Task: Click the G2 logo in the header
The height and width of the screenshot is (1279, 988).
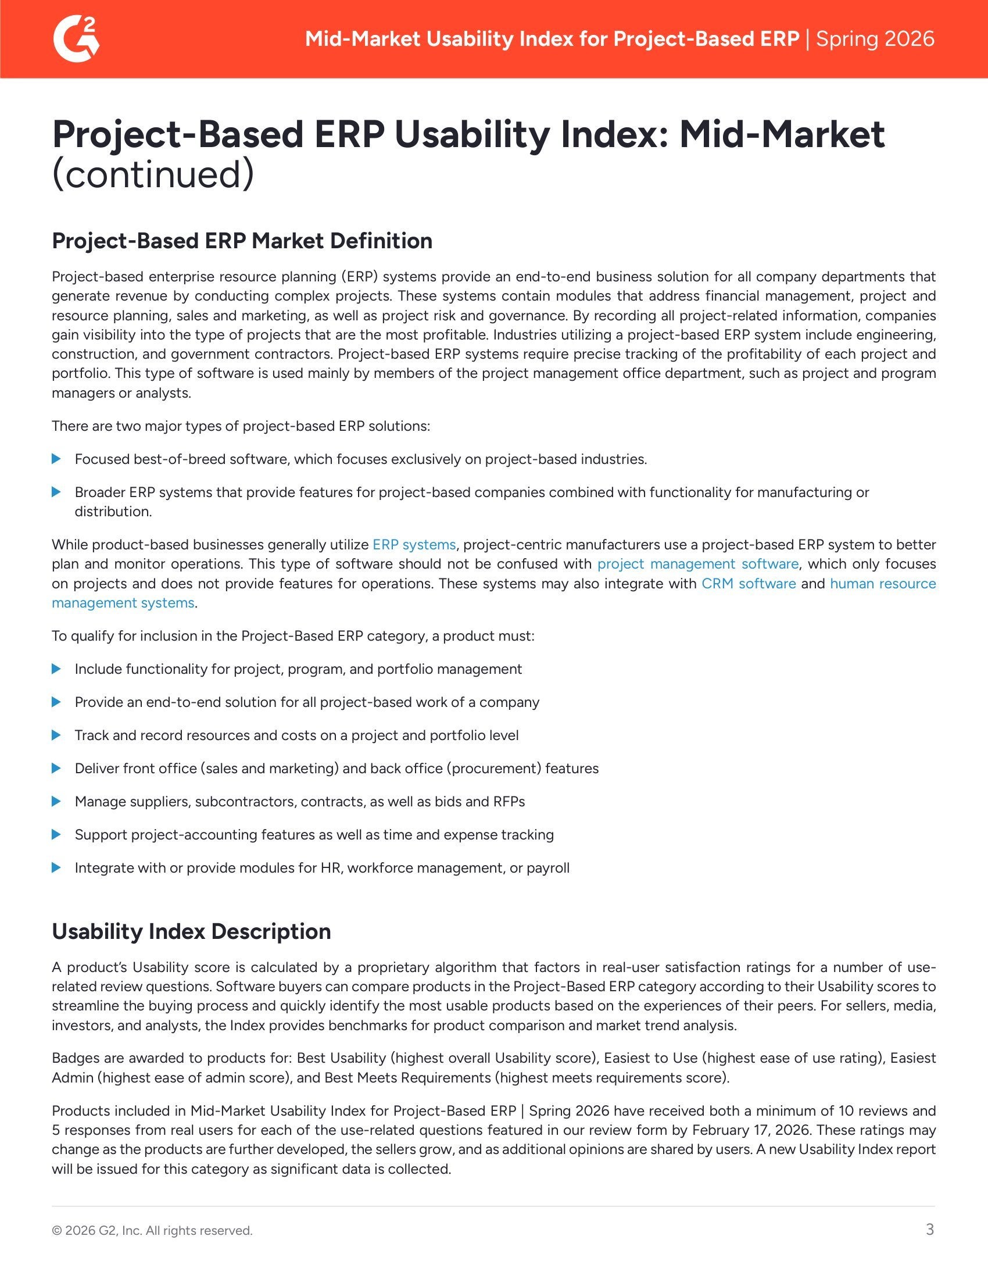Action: (76, 39)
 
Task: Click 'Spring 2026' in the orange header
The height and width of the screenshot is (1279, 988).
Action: (875, 39)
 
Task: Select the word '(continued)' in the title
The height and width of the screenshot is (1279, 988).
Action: (153, 174)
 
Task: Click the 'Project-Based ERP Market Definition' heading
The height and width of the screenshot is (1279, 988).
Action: (242, 241)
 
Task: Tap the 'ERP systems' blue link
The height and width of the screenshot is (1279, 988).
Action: (414, 545)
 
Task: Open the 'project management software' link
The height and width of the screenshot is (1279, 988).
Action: (697, 564)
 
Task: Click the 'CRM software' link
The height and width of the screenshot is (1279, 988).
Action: (748, 584)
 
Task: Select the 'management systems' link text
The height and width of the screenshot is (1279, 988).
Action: (123, 603)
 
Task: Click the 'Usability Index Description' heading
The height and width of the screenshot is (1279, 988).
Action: (191, 931)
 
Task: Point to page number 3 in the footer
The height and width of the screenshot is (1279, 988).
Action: (929, 1229)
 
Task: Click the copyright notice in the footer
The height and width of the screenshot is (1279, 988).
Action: (152, 1230)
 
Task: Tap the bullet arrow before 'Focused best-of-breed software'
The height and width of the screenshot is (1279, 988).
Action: (57, 459)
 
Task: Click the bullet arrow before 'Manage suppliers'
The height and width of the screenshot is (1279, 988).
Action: (57, 801)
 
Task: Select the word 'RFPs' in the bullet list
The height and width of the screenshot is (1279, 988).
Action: (509, 801)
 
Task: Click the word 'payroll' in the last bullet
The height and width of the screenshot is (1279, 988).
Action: (548, 867)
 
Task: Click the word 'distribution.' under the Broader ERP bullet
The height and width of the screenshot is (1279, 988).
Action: (113, 511)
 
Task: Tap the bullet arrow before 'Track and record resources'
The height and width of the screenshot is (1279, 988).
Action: (57, 735)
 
